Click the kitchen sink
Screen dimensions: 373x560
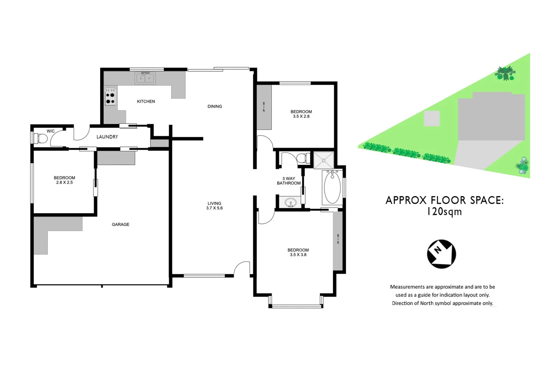pos(145,78)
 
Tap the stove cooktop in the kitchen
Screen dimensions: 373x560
pos(110,97)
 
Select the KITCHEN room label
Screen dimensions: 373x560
pos(146,102)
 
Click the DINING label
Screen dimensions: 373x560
pos(215,106)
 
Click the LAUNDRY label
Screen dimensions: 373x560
pos(107,137)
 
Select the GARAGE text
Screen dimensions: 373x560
pos(121,224)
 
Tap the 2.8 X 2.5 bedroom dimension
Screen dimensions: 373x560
pos(65,183)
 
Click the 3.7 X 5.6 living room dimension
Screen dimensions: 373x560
pos(214,208)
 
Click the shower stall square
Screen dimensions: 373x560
pos(324,160)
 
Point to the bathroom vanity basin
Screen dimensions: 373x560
pos(290,203)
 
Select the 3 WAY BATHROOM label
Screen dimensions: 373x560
pos(289,181)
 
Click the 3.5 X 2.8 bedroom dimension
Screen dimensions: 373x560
pos(301,116)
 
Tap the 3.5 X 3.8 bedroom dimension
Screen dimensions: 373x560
pos(298,255)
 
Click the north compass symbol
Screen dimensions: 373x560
pos(441,254)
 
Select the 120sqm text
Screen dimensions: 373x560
pos(444,212)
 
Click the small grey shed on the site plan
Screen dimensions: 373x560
pos(432,118)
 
